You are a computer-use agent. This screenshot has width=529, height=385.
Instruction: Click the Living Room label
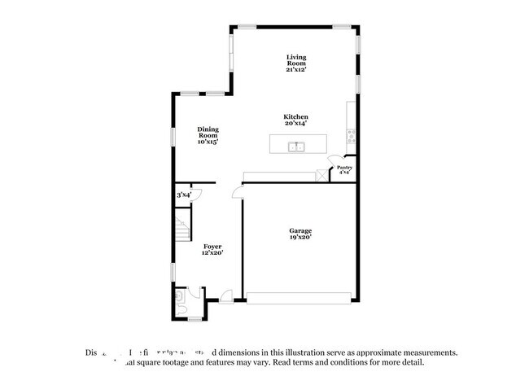pos(295,63)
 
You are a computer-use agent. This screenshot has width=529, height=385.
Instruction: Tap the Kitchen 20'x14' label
pos(295,120)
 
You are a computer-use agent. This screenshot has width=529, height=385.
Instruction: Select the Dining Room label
pos(208,135)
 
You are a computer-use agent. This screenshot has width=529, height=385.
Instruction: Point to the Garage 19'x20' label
pos(300,234)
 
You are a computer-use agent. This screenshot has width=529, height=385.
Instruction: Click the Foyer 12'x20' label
pos(212,249)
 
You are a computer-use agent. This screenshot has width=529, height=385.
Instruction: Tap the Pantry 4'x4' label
pos(344,170)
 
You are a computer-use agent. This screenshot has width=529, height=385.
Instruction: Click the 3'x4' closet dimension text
pos(184,195)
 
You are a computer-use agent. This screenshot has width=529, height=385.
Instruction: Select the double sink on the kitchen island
pos(296,147)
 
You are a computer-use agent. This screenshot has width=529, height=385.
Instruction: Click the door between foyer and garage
pos(237,192)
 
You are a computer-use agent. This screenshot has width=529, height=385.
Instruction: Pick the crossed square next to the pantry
pos(321,174)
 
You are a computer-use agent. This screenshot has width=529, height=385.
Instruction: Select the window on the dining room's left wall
pos(172,134)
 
